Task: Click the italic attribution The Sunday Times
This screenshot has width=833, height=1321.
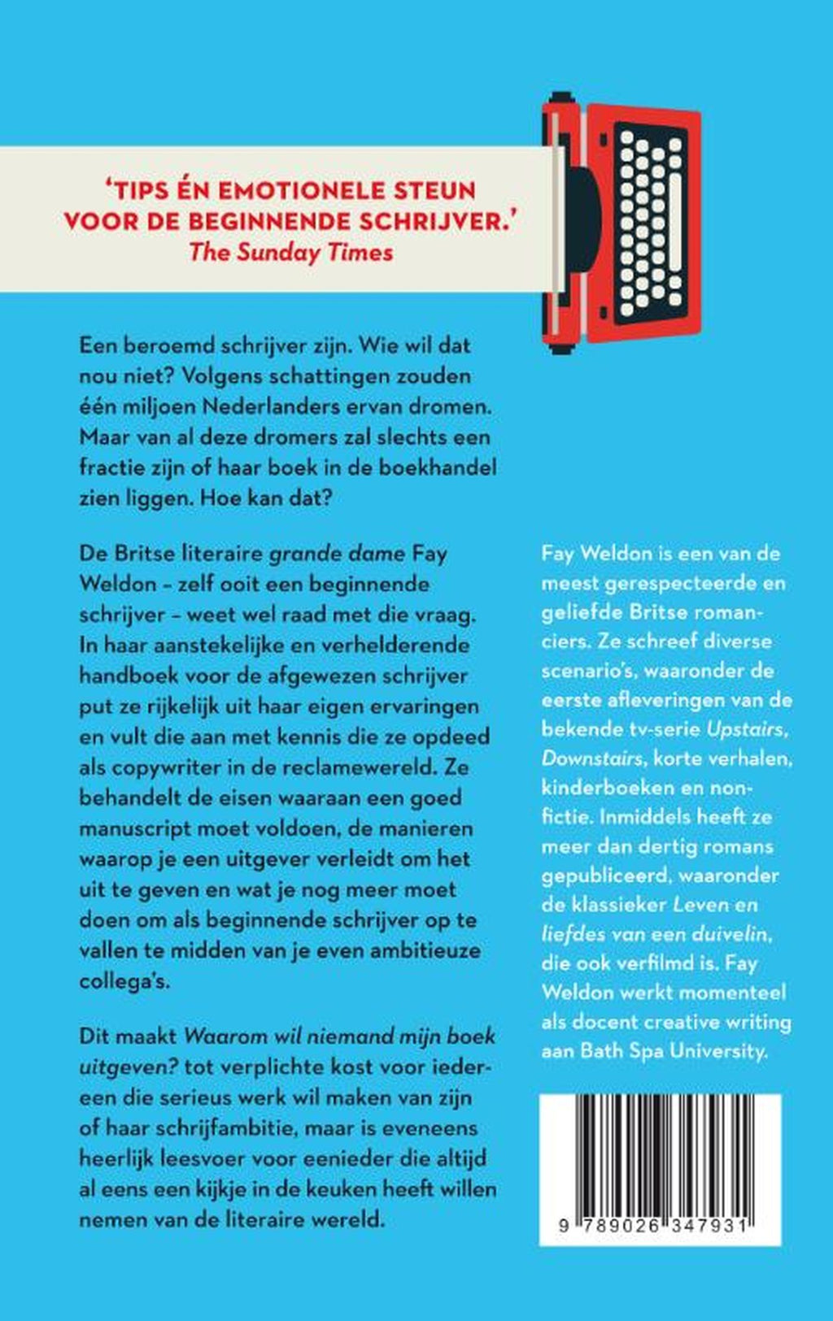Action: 290,252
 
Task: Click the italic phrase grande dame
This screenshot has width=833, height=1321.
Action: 337,554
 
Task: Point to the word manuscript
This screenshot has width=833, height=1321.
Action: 146,828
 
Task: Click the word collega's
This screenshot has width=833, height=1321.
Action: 124,981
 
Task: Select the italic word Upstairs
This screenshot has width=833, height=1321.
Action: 747,729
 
